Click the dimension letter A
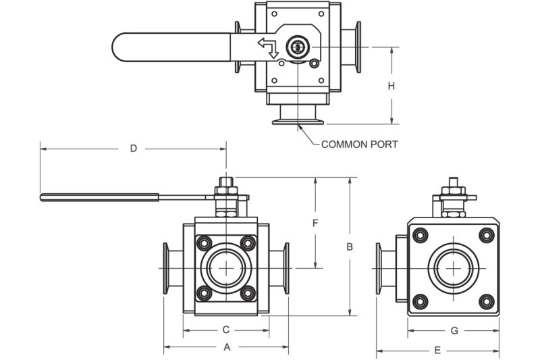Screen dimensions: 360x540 (x=227, y=347)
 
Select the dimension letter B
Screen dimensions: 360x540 (x=350, y=247)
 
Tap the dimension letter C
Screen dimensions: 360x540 (x=227, y=330)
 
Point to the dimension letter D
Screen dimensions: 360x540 (x=134, y=149)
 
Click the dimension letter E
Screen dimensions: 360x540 (x=438, y=350)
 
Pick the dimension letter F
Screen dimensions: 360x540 (x=315, y=223)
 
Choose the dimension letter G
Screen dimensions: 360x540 (x=454, y=330)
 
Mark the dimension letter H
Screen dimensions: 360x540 (x=391, y=86)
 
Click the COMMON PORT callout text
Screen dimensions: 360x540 (x=359, y=144)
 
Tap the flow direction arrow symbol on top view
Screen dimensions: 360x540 (x=268, y=48)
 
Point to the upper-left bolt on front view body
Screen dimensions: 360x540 (x=203, y=243)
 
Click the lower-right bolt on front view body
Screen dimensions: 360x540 (x=248, y=293)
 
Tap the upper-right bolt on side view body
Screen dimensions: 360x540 (x=486, y=235)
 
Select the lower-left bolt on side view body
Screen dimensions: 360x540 (x=421, y=301)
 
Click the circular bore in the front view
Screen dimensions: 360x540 (x=226, y=268)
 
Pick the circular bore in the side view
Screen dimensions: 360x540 (x=453, y=268)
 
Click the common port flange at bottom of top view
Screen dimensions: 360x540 (x=298, y=122)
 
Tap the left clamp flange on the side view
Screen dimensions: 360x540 (x=379, y=268)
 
